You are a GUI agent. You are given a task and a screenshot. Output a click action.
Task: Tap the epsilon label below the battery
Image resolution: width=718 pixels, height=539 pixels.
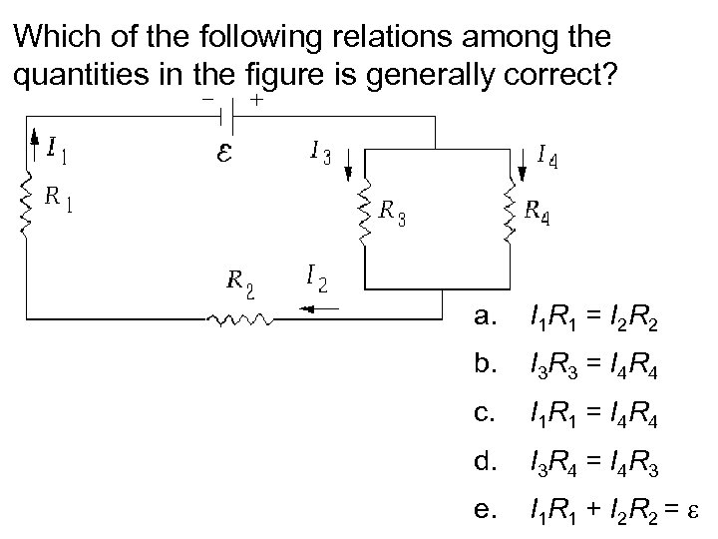(x=227, y=155)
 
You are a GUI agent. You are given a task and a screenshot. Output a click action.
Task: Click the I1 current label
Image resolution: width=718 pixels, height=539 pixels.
(x=58, y=149)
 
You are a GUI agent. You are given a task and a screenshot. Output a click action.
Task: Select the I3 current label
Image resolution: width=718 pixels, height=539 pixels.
(x=321, y=152)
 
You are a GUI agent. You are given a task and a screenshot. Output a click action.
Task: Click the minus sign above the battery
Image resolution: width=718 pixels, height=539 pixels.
(x=206, y=100)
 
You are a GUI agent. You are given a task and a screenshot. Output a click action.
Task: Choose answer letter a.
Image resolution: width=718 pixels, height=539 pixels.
(x=485, y=318)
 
